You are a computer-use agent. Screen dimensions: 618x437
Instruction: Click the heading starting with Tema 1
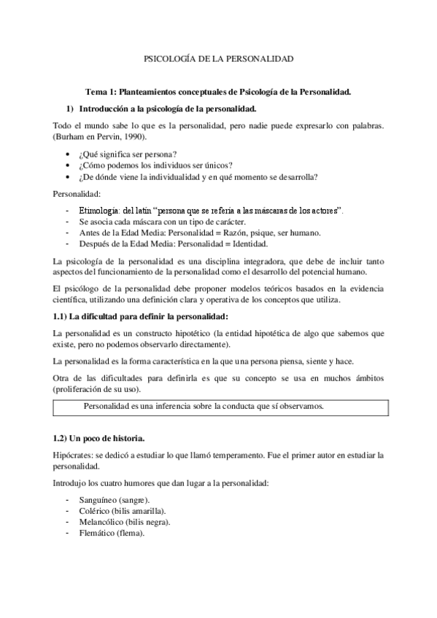(x=219, y=92)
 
